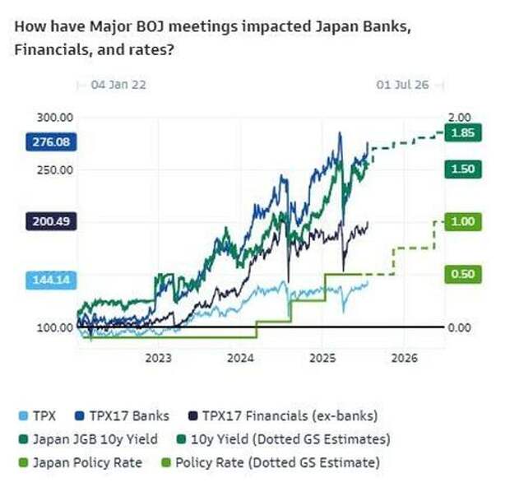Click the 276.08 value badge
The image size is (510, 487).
(51, 142)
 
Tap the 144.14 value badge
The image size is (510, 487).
(51, 281)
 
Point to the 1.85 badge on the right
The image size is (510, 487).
(459, 132)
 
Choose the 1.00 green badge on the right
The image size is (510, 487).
(459, 221)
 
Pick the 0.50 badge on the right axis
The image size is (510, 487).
(459, 274)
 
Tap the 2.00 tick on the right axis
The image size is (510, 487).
(457, 118)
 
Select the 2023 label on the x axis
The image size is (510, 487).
(158, 359)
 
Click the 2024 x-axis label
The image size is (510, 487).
(240, 359)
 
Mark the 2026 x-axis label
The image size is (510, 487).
(405, 359)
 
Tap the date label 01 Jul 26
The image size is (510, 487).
(401, 84)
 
